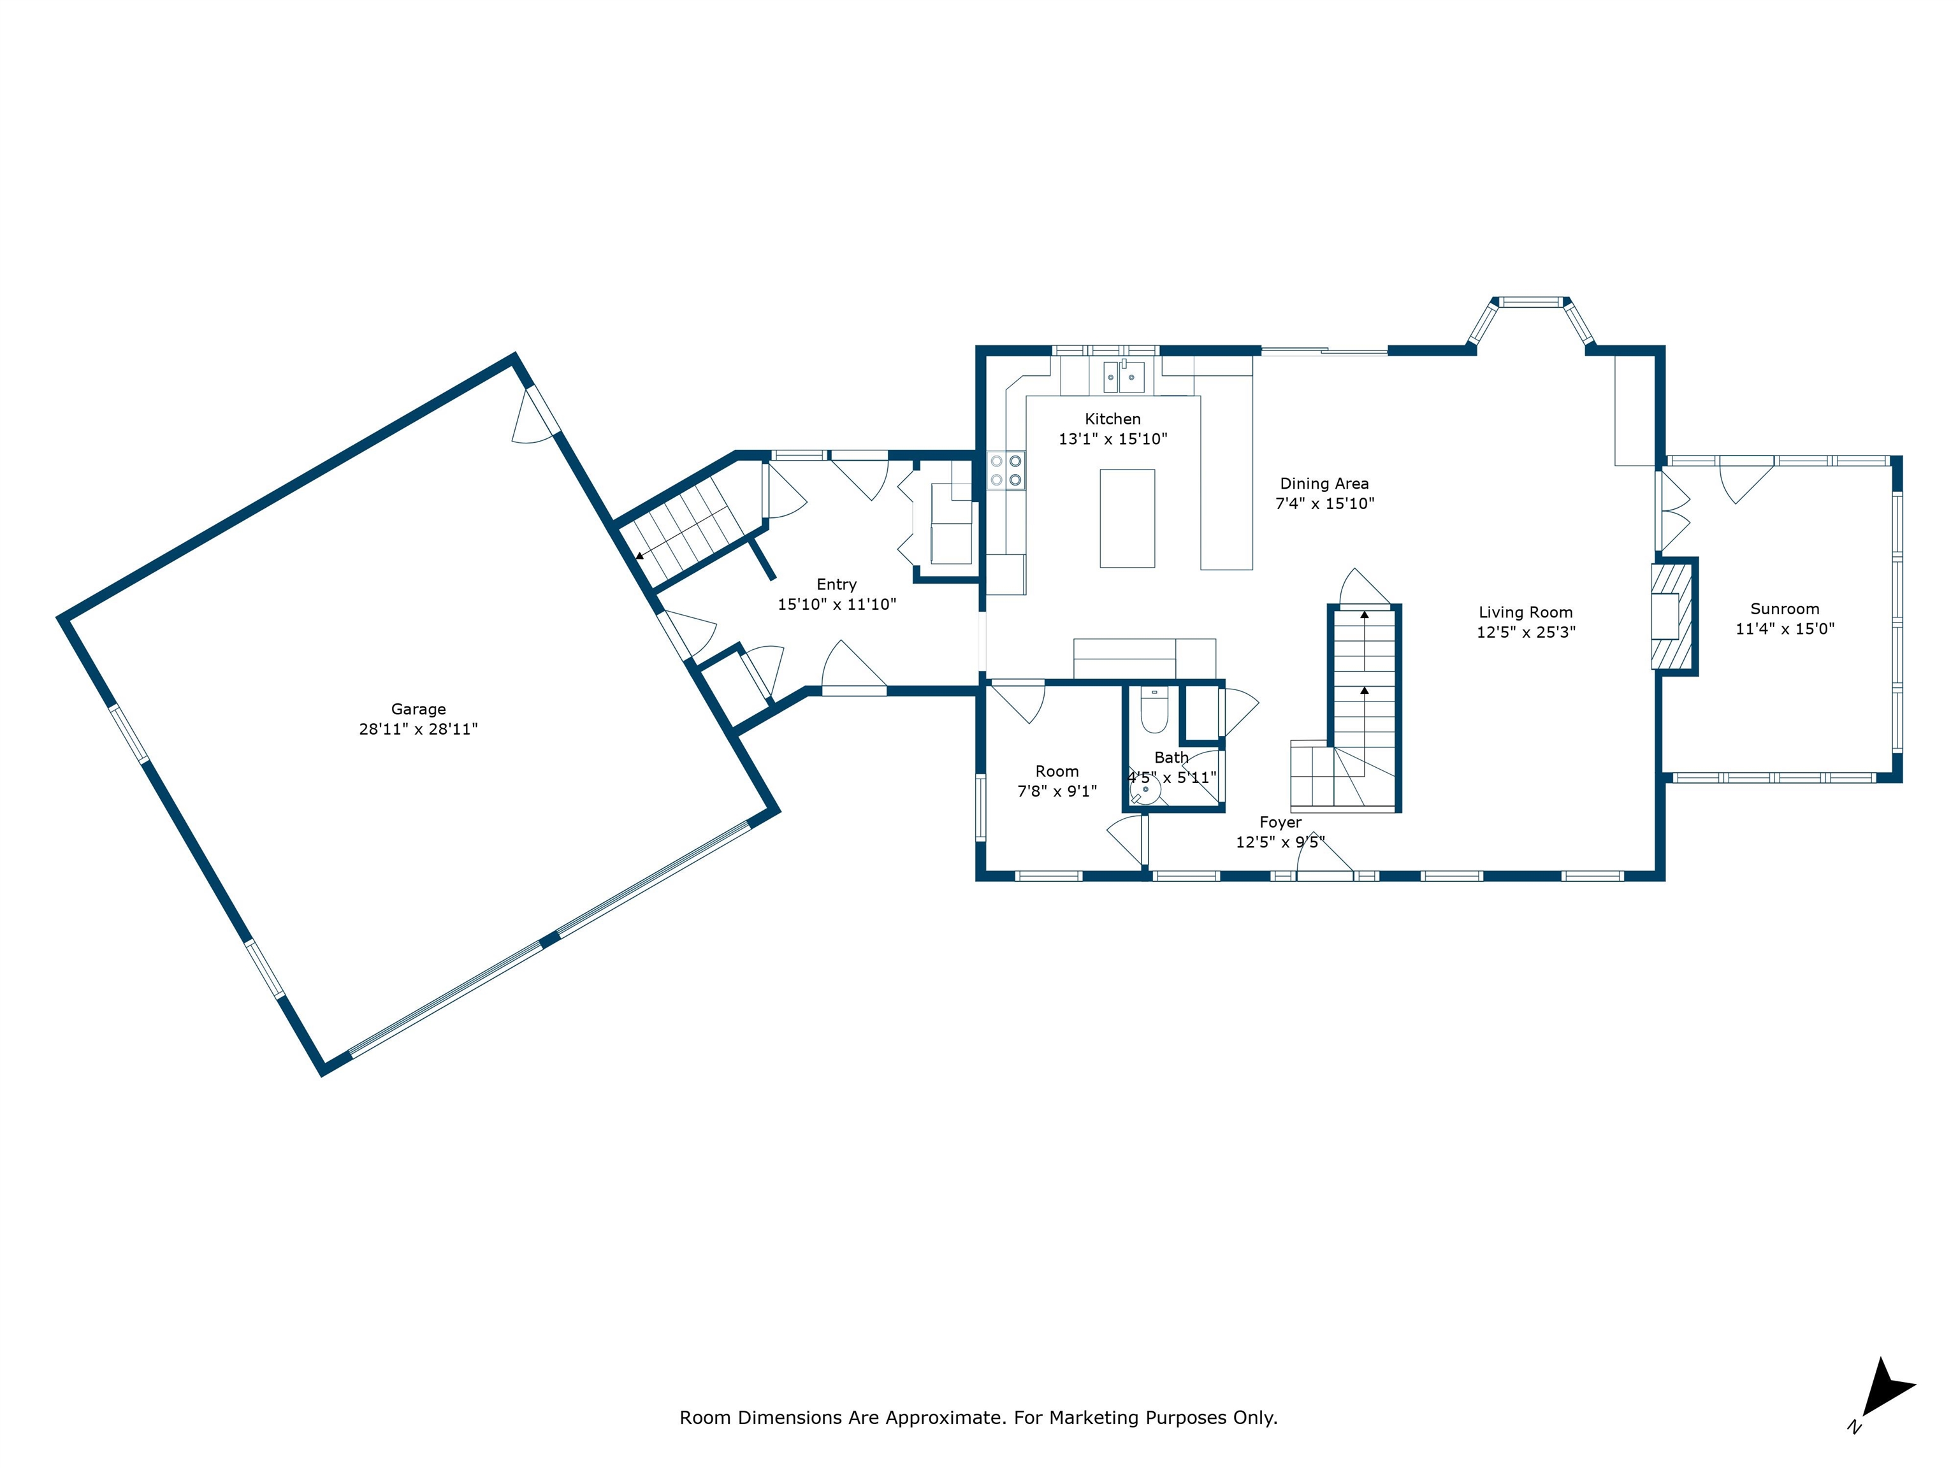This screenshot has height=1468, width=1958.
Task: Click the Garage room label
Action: (418, 709)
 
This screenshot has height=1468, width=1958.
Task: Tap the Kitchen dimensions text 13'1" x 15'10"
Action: (1113, 439)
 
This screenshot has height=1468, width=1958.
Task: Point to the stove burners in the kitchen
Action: (1006, 470)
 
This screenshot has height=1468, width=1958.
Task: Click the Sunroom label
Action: (1785, 608)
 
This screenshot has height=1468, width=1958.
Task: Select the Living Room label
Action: (1525, 612)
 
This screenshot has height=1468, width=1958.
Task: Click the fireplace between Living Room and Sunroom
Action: (1671, 617)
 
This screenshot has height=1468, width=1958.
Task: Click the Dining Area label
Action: (1324, 484)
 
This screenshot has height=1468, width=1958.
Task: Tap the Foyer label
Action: (1280, 823)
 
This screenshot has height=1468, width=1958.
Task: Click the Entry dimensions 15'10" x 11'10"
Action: (836, 605)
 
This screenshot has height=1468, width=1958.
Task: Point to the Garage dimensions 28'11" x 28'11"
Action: (418, 729)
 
